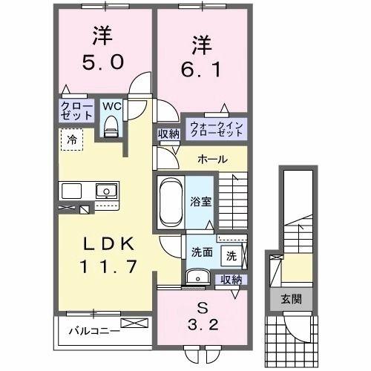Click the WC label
point(111,106)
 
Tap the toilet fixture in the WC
point(112,127)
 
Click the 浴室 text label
point(200,200)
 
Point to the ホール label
point(211,160)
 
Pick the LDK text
point(104,244)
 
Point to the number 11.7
point(104,266)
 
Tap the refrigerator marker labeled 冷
point(73,138)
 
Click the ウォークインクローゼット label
point(214,128)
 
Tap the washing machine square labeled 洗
point(231,256)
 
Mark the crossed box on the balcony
point(137,324)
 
